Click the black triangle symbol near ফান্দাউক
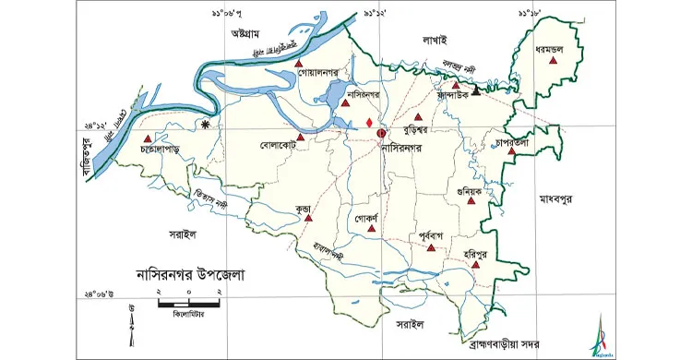pyautogui.click(x=476, y=91)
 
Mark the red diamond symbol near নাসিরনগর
pyautogui.click(x=369, y=123)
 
